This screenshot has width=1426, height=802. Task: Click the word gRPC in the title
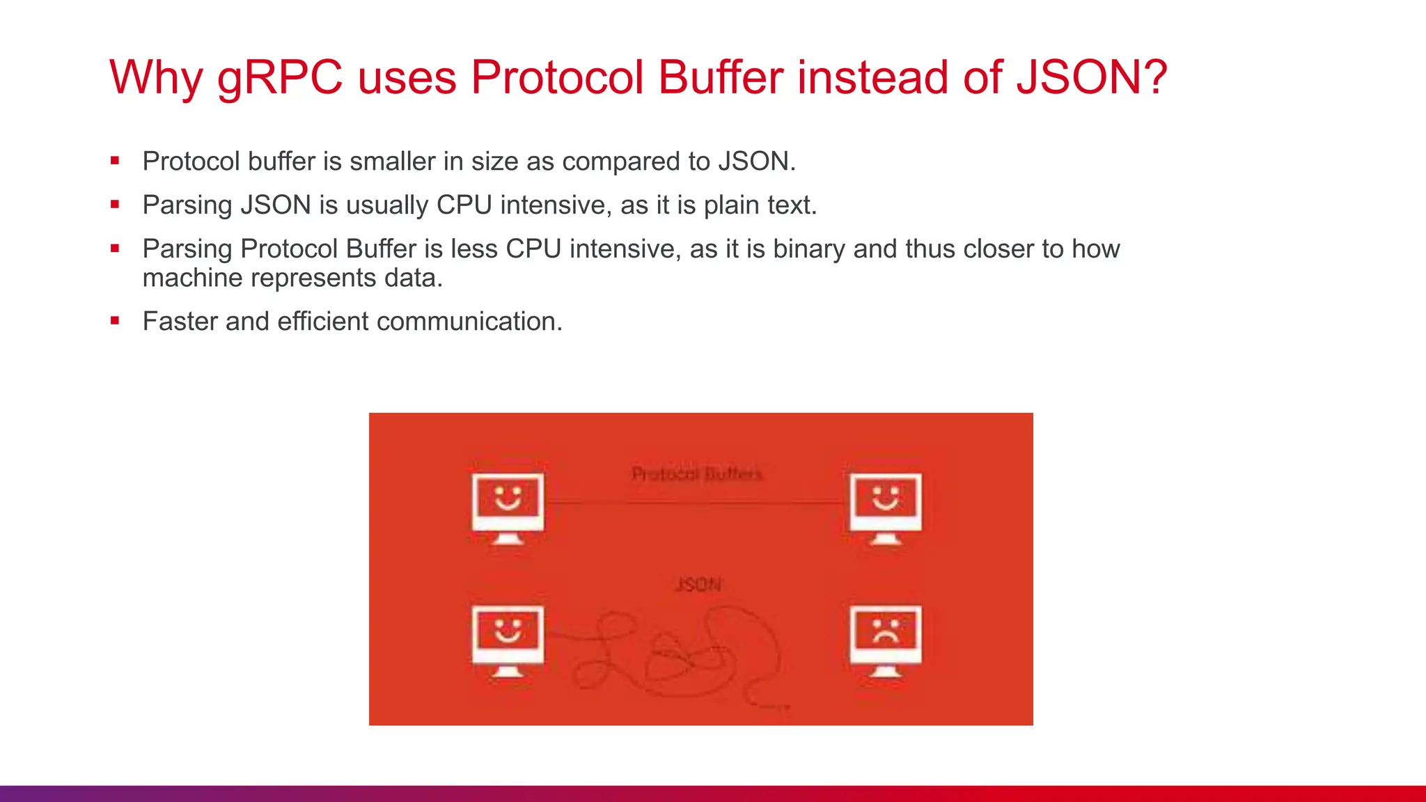pyautogui.click(x=280, y=78)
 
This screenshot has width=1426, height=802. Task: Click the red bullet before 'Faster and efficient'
pyautogui.click(x=115, y=321)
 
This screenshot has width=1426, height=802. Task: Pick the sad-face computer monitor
pyautogui.click(x=886, y=640)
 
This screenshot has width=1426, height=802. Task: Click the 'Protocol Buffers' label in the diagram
pyautogui.click(x=697, y=474)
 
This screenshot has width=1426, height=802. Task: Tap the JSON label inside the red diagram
pyautogui.click(x=698, y=584)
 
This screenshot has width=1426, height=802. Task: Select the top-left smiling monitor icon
pyautogui.click(x=508, y=508)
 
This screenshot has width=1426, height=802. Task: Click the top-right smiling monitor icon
pyautogui.click(x=886, y=508)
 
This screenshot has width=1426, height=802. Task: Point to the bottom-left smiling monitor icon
pyautogui.click(x=508, y=640)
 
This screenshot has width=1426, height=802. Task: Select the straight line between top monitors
pyautogui.click(x=696, y=502)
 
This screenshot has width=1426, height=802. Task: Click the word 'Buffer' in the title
pyautogui.click(x=721, y=77)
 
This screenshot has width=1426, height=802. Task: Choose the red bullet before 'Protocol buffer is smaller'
pyautogui.click(x=115, y=161)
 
